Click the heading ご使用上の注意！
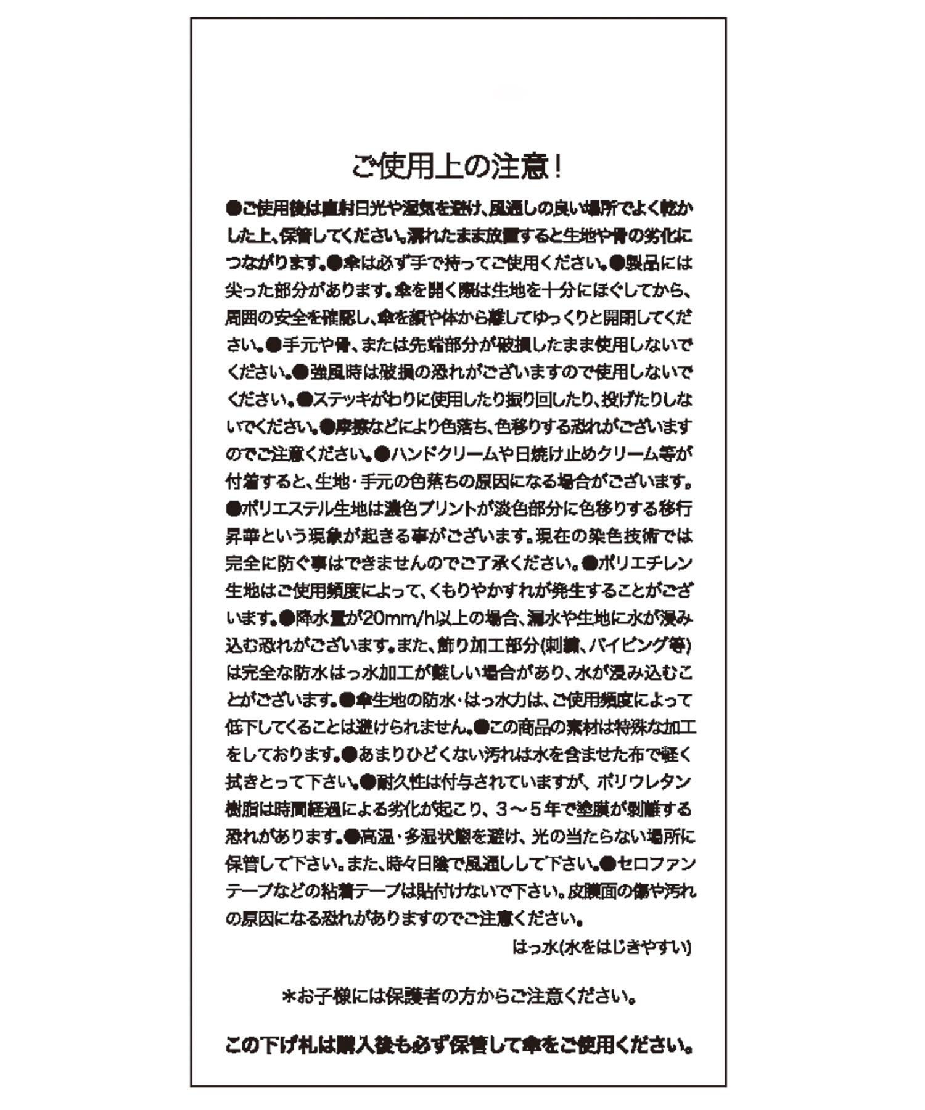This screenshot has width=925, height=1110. click(x=457, y=166)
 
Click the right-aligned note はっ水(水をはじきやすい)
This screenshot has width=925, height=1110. click(x=601, y=947)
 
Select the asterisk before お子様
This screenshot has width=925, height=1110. click(x=288, y=996)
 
